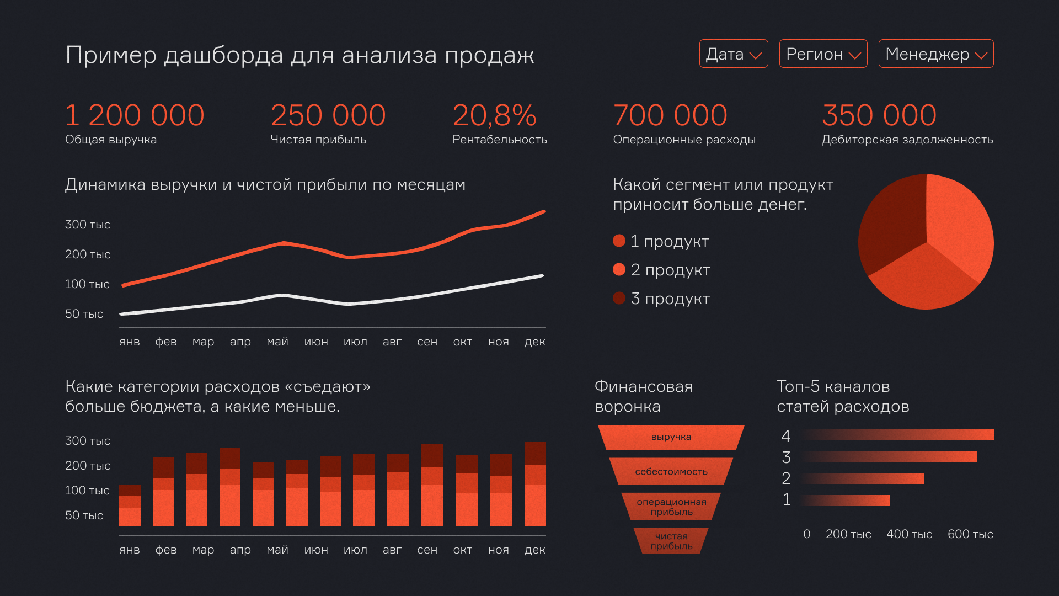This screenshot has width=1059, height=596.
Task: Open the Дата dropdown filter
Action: (733, 54)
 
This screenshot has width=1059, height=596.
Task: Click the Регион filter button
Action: (822, 54)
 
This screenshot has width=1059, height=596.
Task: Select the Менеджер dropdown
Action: (935, 54)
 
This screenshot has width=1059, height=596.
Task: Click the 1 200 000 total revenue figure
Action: (135, 115)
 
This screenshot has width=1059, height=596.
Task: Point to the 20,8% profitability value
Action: (494, 115)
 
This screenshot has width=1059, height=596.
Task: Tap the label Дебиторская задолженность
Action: (907, 140)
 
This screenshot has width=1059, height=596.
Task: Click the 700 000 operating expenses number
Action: (670, 115)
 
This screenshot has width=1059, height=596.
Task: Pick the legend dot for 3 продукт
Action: (619, 299)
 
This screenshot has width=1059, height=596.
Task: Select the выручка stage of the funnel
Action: (671, 437)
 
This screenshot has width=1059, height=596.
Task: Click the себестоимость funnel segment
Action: (671, 472)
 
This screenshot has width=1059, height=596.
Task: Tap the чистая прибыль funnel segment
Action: (671, 541)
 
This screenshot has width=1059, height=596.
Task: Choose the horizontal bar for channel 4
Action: (899, 435)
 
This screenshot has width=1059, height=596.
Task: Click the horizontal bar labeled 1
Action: (847, 501)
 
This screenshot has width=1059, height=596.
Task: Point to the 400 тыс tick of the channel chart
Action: (909, 534)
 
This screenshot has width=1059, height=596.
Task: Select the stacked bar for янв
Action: (130, 506)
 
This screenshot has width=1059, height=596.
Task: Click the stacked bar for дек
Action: (535, 485)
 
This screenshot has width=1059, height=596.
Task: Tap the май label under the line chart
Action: (277, 342)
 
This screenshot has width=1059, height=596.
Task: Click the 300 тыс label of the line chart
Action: (88, 225)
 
